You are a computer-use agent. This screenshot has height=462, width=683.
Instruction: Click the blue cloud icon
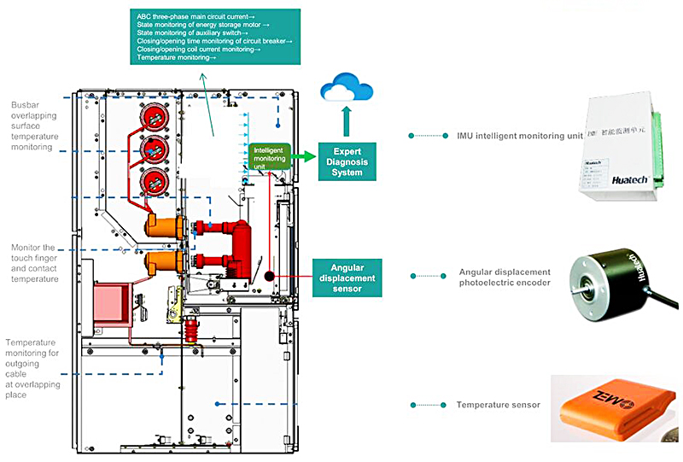(345, 88)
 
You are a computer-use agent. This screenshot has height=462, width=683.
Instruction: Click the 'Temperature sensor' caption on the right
(499, 404)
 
